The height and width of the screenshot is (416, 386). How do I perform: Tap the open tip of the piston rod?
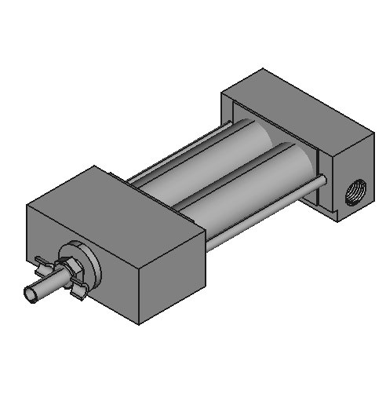click(x=33, y=293)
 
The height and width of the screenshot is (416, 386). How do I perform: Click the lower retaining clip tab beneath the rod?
click(x=78, y=292)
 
